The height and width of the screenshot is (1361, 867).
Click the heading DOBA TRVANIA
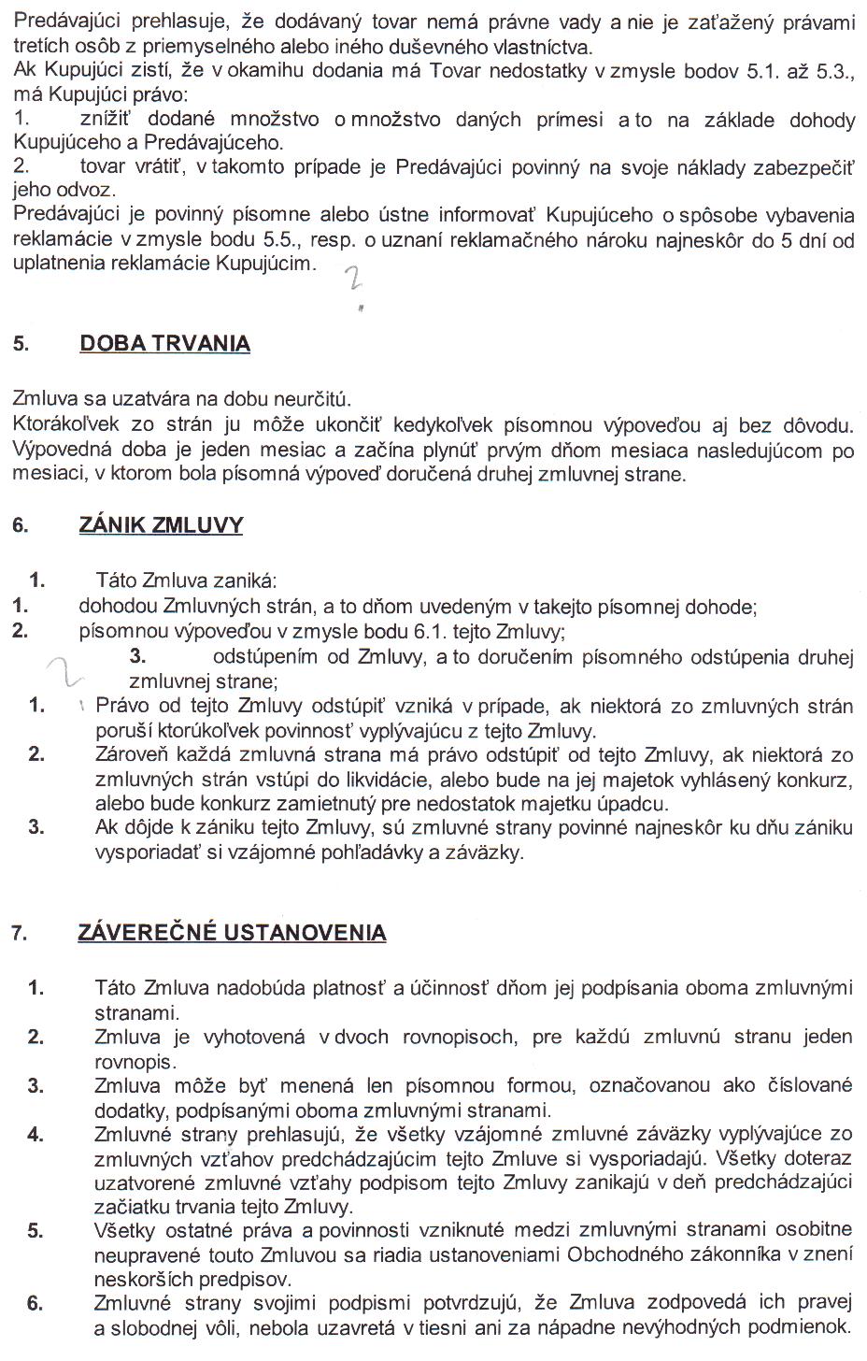(165, 343)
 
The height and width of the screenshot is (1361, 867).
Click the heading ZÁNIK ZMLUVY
(161, 524)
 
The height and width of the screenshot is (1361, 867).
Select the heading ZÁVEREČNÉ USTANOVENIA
(232, 932)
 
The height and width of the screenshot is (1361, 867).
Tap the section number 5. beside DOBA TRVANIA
(21, 344)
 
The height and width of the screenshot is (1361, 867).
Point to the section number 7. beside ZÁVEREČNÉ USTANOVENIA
(20, 933)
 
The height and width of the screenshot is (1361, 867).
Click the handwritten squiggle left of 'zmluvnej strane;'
(65, 671)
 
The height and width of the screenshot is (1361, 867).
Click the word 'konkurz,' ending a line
(817, 780)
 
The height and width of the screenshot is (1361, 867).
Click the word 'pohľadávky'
(368, 852)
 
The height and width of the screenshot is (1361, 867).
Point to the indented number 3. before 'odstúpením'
(138, 656)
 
